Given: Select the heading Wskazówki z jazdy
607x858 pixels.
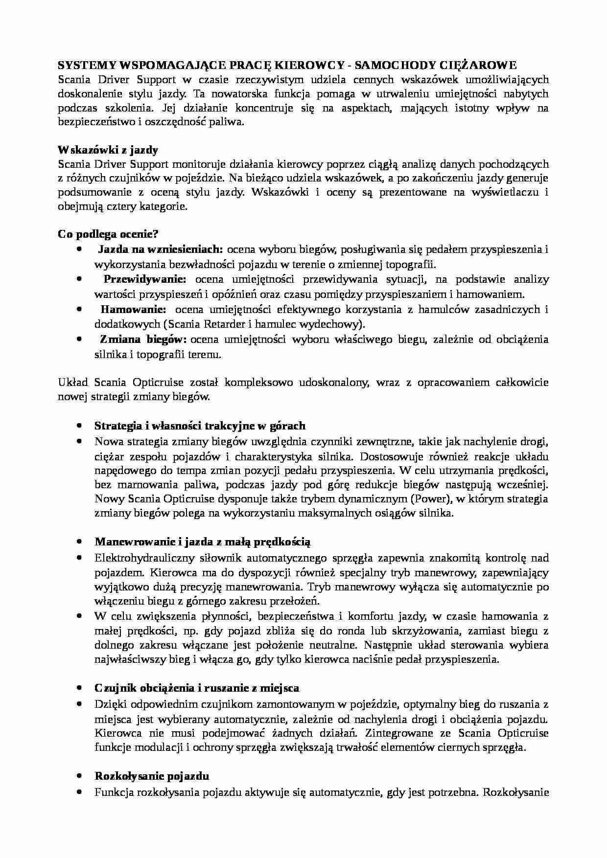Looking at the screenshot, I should coord(108,150).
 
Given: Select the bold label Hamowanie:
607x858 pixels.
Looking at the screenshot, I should coord(133,310).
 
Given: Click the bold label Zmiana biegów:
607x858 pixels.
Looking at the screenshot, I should coord(143,339).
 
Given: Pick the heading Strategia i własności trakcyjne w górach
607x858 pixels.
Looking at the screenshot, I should coord(200,426).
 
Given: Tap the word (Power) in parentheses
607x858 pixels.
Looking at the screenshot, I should coord(432,499).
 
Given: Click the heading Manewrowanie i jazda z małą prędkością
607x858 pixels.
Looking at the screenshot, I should coord(203,542).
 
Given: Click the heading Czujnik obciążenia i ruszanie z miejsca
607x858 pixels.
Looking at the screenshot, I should coord(197,688).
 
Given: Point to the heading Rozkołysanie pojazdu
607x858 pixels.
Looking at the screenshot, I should coord(152,776).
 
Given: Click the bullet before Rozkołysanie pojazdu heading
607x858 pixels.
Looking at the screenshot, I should coord(79,776).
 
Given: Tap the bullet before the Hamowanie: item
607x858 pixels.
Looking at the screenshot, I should coord(79,310).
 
